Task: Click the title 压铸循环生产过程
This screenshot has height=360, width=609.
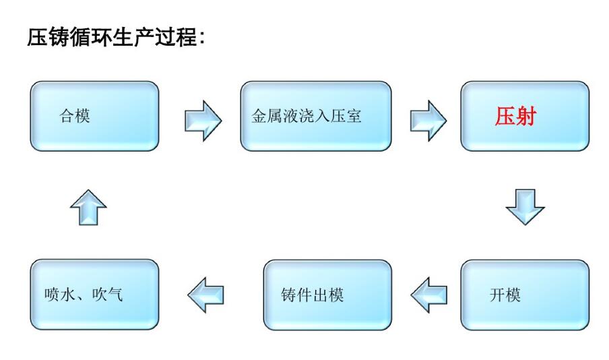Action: click(115, 36)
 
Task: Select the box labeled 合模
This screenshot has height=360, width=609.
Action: click(95, 116)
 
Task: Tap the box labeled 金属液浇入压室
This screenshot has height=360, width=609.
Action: click(315, 116)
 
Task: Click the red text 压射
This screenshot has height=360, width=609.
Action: click(515, 117)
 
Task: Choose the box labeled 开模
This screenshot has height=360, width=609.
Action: click(524, 295)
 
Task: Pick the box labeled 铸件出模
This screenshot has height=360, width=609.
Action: click(327, 295)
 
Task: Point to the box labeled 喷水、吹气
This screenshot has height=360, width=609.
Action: click(95, 295)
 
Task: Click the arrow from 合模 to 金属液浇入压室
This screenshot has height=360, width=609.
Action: click(203, 120)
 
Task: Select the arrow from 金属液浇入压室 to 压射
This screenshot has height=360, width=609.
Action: click(428, 120)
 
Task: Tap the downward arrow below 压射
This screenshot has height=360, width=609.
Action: click(525, 206)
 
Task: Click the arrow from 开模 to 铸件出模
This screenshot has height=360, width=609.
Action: click(429, 295)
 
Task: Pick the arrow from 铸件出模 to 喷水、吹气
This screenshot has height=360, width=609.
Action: click(205, 295)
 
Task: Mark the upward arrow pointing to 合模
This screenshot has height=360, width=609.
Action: click(88, 206)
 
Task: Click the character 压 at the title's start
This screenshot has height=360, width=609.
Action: click(36, 36)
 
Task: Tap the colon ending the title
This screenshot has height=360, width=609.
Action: click(201, 38)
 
